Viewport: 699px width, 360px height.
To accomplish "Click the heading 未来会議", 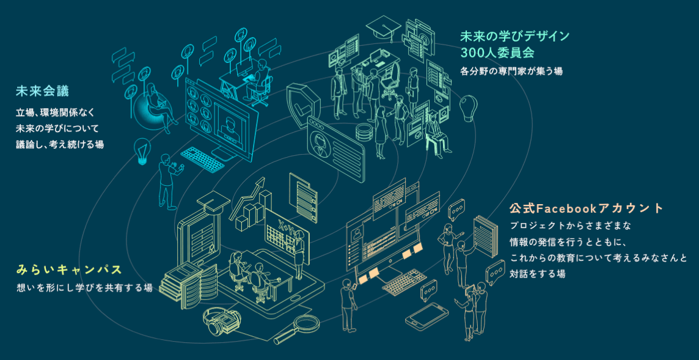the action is click(x=42, y=92).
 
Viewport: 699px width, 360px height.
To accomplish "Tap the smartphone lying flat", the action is click(x=426, y=317).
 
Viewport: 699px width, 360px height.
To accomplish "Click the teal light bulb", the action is click(x=142, y=152).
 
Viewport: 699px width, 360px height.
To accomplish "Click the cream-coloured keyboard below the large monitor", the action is click(x=404, y=282).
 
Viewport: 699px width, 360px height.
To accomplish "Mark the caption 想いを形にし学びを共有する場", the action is click(x=84, y=288).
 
